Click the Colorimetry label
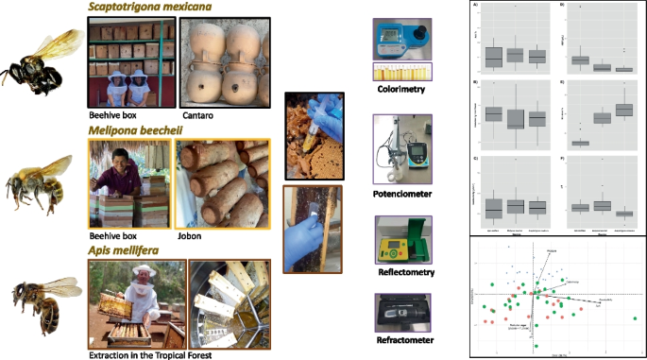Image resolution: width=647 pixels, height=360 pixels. click(402, 90)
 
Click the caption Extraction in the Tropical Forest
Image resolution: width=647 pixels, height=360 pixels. click(155, 352)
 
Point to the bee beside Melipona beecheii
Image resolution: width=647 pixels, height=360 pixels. click(39, 183)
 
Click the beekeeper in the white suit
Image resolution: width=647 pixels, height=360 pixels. click(142, 288)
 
